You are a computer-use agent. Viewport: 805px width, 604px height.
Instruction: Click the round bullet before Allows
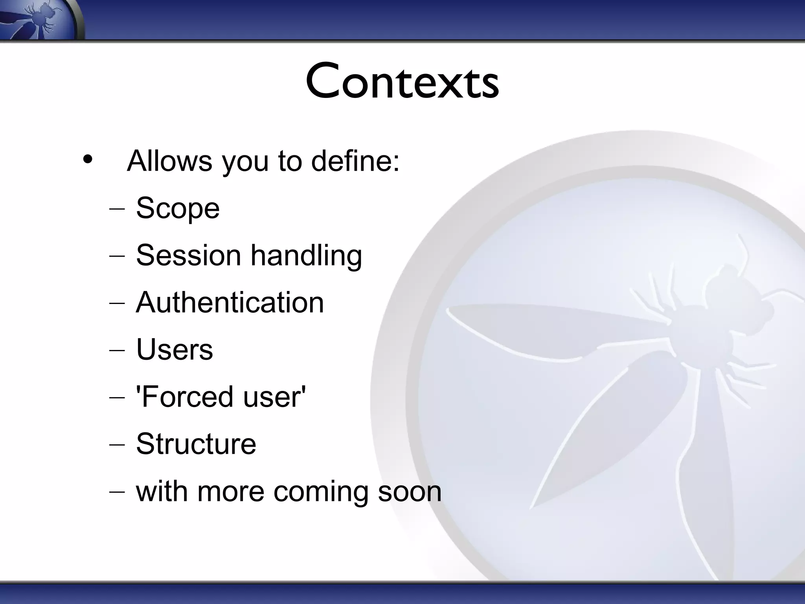(88, 160)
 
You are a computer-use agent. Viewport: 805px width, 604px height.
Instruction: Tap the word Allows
(169, 161)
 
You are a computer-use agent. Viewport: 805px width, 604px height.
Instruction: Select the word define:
(355, 161)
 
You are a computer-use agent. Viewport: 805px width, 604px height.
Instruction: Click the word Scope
(178, 208)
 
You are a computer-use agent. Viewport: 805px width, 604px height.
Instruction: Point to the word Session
(188, 255)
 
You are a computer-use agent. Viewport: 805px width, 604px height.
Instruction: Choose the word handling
(306, 256)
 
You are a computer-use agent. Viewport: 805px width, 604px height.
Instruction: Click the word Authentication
(230, 302)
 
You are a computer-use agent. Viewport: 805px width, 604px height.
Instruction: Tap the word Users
(175, 350)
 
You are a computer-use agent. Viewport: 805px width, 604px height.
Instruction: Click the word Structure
(196, 444)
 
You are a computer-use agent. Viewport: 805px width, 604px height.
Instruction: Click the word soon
(410, 492)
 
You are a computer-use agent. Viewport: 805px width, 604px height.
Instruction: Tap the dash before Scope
(117, 209)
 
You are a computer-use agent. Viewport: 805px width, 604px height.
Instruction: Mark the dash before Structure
(117, 445)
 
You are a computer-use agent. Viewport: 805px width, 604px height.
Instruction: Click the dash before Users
(117, 350)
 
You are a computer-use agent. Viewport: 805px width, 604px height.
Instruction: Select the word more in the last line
(230, 492)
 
